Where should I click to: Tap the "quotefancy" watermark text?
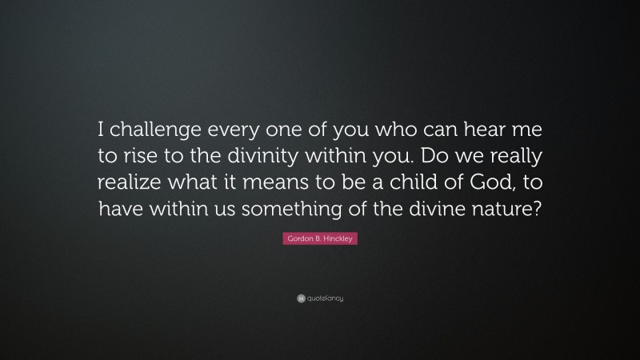coord(326,298)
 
